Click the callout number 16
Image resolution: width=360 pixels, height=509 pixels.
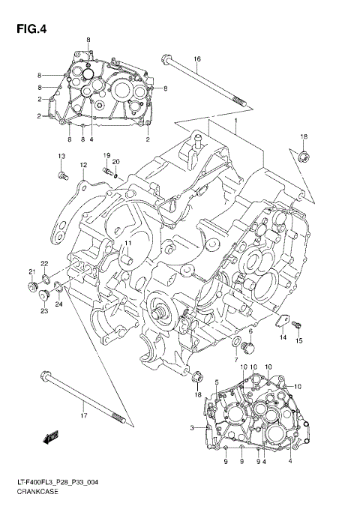197,59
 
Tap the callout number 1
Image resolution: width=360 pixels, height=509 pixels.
235,121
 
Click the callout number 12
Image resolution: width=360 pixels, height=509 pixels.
84,165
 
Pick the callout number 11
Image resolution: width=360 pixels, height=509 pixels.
127,244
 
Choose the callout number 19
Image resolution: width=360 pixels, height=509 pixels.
107,154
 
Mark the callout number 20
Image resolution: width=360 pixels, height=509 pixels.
116,162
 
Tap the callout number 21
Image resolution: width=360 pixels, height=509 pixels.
32,271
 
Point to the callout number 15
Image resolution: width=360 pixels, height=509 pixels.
300,342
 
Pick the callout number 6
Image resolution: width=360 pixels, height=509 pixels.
250,331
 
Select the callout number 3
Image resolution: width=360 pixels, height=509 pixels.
192,427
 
